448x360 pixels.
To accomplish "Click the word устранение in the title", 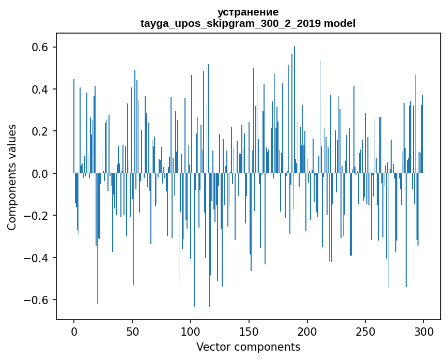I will [248, 12].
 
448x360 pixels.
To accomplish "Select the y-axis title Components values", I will [12, 177].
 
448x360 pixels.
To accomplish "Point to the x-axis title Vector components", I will [248, 347].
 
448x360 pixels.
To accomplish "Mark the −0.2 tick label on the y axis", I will [38, 216].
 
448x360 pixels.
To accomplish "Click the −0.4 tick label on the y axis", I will [38, 258].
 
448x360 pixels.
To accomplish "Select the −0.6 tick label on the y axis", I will [38, 300].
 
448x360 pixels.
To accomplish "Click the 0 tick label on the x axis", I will [74, 331].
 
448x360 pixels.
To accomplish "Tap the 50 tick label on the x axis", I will [132, 331].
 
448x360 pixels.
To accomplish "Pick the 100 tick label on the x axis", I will [191, 331].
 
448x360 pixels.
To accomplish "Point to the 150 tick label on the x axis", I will [249, 331].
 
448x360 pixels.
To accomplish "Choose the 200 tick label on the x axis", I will [307, 331].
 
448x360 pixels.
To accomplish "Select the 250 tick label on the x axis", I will [366, 331].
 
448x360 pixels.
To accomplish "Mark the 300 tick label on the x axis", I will [424, 331].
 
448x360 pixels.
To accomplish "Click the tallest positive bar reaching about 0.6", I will [295, 103].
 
